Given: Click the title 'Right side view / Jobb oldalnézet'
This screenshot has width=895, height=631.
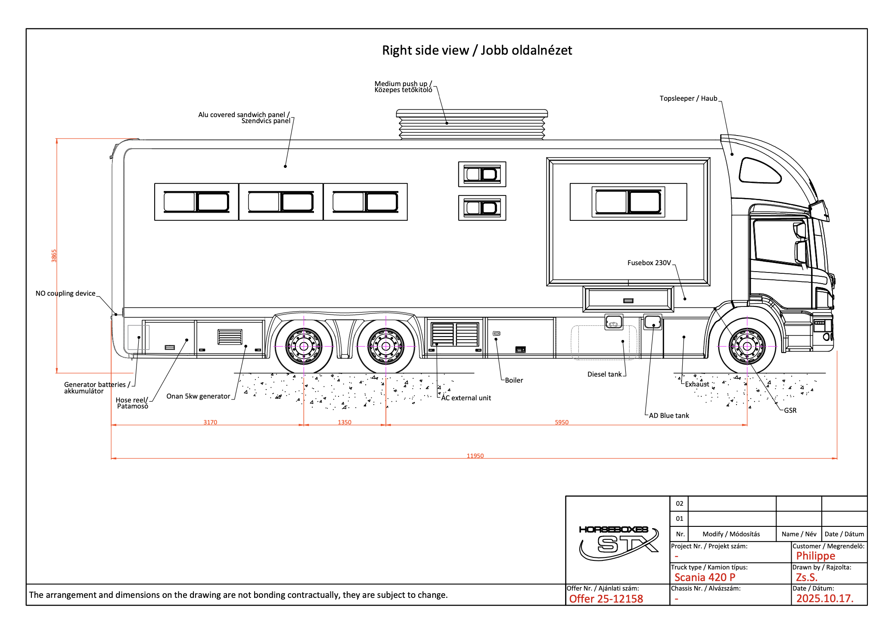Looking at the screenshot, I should click(477, 50).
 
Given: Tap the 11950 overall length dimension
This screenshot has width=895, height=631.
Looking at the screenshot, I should click(475, 456).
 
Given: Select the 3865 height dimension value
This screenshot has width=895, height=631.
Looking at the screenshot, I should click(54, 256).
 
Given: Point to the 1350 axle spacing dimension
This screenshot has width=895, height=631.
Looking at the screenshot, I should click(345, 422).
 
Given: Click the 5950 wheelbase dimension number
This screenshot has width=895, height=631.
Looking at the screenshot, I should click(562, 422).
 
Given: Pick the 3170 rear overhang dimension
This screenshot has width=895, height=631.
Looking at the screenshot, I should click(210, 422).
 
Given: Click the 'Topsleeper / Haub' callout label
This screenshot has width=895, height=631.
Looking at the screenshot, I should click(688, 99).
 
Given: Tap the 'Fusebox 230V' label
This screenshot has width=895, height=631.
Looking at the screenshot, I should click(649, 263).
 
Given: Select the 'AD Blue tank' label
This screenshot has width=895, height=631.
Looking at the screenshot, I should click(669, 415).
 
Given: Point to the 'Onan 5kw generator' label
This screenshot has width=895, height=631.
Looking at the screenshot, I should click(198, 396).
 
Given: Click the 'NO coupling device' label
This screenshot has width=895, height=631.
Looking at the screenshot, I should click(65, 293).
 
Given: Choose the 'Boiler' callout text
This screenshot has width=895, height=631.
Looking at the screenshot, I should click(514, 380).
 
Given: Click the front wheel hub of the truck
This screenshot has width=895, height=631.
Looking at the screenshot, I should click(747, 346).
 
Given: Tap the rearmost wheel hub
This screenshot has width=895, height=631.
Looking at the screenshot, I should click(304, 346).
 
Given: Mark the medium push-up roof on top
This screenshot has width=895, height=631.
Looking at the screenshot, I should click(472, 125).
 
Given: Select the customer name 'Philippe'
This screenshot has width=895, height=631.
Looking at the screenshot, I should click(815, 556).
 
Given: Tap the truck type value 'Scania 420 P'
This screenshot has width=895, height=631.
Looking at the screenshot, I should click(705, 577).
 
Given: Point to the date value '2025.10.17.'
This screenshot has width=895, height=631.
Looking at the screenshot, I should click(824, 598).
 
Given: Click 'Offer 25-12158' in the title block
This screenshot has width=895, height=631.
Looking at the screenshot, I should click(606, 599).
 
